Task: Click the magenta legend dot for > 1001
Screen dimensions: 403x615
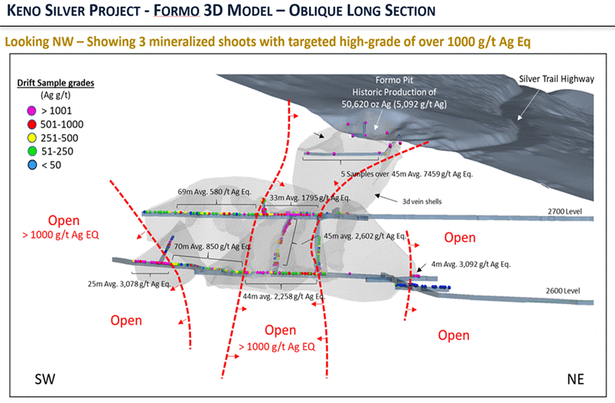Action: click(x=21, y=110)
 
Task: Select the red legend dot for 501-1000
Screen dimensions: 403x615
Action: click(x=21, y=124)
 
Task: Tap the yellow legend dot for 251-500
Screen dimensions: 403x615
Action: click(x=21, y=138)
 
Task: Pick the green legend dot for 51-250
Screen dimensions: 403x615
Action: click(x=21, y=152)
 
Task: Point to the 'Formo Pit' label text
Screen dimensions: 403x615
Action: click(x=395, y=80)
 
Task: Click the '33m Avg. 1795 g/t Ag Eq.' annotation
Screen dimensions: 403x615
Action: click(x=309, y=197)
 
